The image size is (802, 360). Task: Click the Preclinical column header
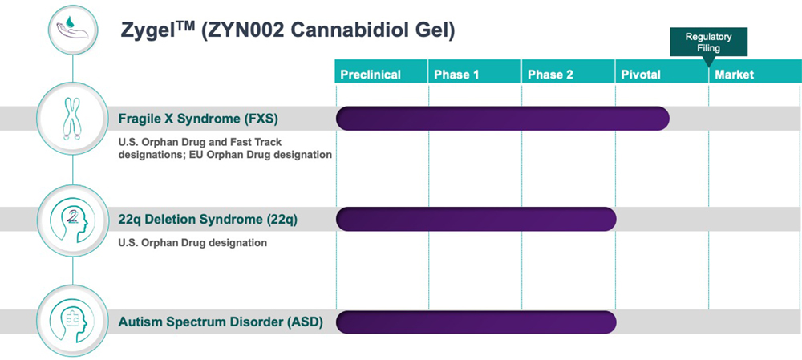point(381,71)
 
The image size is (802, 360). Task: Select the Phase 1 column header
point(475,71)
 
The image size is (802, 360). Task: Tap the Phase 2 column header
point(569,71)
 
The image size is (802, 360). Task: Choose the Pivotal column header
point(662,71)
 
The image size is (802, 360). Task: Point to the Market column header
point(755,71)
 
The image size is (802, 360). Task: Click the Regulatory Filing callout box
point(708,42)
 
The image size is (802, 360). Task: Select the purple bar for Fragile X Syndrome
point(502,119)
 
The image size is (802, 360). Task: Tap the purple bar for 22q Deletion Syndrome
point(476,220)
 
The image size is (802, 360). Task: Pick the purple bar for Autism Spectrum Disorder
point(476,322)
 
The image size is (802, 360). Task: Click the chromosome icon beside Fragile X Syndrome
point(73,119)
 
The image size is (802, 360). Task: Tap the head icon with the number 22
point(73,220)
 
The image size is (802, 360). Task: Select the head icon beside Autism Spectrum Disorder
point(73,322)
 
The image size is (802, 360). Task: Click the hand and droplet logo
point(73,27)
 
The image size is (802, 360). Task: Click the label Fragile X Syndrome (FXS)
point(198,119)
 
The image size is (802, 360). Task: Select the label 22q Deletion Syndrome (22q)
point(208,220)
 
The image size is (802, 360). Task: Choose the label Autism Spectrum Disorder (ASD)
point(221,322)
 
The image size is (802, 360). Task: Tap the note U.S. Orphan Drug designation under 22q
point(192,243)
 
